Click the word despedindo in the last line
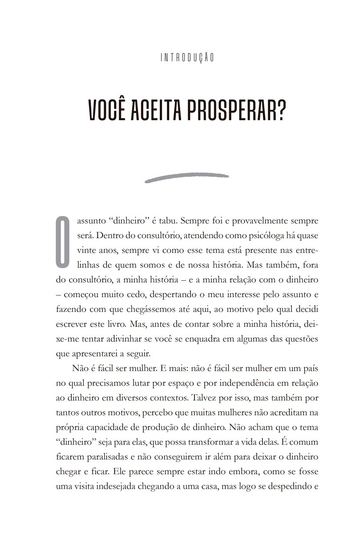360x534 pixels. point(285,487)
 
